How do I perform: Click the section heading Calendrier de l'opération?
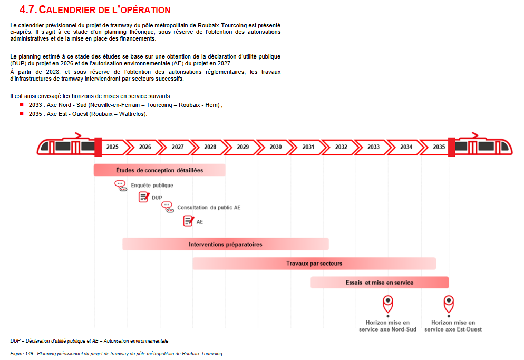pos(95,10)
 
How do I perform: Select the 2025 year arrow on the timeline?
pos(112,147)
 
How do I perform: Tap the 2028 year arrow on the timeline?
pos(210,147)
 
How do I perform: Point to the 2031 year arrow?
pos(308,147)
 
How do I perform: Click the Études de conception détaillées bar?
pos(159,170)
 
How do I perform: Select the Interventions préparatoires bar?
pos(225,244)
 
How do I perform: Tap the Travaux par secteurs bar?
pos(314,264)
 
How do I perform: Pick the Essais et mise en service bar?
pos(380,283)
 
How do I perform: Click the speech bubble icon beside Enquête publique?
pos(121,186)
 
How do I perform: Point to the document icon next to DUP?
pos(144,197)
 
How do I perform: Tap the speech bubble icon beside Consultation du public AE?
pos(167,207)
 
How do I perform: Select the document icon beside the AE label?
pos(188,221)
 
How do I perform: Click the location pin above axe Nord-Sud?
pos(388,303)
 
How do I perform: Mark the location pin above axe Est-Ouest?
pos(449,303)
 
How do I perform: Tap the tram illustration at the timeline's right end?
pos(483,147)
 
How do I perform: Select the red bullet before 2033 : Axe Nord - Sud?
pos(22,105)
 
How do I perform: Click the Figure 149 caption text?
pos(116,354)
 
